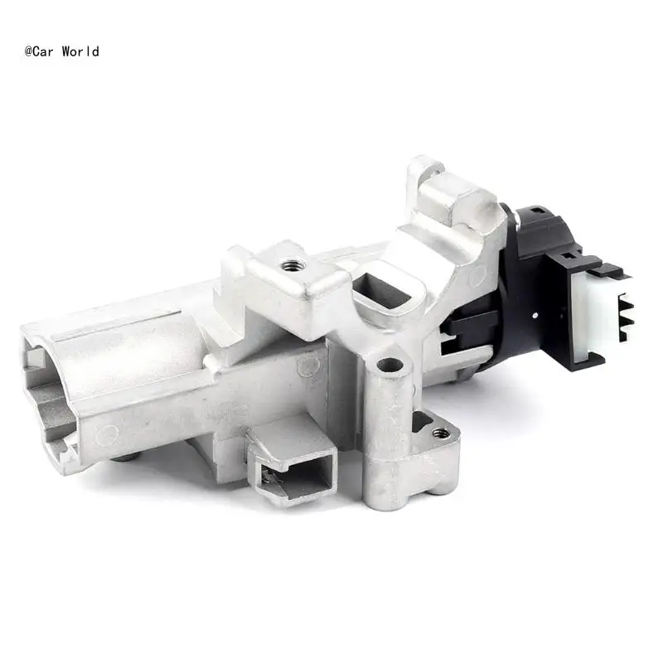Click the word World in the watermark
click(x=80, y=51)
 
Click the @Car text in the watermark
click(x=39, y=51)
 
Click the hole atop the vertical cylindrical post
click(x=390, y=365)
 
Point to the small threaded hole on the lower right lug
click(x=441, y=433)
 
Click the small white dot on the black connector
click(x=535, y=316)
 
